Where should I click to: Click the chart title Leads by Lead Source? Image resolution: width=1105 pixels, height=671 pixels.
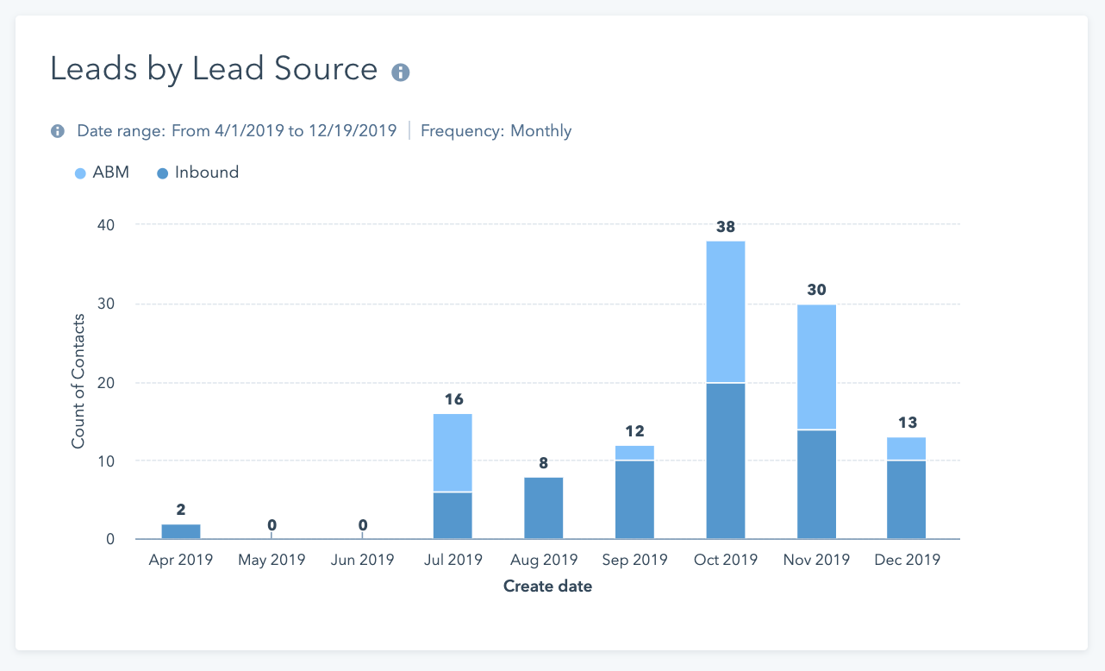pos(214,69)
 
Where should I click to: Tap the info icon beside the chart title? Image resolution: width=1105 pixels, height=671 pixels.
pos(400,72)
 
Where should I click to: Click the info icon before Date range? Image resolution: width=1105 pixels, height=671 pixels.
pos(58,131)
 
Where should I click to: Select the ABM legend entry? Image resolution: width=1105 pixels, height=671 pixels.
pos(103,172)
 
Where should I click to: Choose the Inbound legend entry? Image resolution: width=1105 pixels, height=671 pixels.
pos(198,172)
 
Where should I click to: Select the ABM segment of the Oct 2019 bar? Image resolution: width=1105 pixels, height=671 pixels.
pos(726,311)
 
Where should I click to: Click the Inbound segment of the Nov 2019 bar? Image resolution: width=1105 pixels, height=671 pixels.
pos(816,484)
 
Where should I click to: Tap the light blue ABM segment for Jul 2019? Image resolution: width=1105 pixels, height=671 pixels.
pos(453,453)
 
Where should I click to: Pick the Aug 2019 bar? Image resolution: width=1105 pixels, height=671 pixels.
pos(543,508)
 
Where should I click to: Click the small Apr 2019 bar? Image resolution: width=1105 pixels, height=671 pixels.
pos(181,531)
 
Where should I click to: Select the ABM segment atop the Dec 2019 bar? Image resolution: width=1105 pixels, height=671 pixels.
pos(907,448)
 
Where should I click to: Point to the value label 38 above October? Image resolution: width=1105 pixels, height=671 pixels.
pos(726,227)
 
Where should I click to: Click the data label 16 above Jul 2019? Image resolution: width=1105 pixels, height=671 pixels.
pos(453,399)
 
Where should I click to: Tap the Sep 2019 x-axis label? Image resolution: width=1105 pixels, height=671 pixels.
pos(634,560)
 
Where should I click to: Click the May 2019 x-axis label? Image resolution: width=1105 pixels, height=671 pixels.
pos(272,560)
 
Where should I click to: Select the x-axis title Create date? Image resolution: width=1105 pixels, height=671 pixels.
pos(547,586)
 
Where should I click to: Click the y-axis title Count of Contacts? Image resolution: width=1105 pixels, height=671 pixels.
pos(78,381)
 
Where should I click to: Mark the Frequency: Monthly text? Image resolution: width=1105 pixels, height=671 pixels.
pos(496,131)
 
